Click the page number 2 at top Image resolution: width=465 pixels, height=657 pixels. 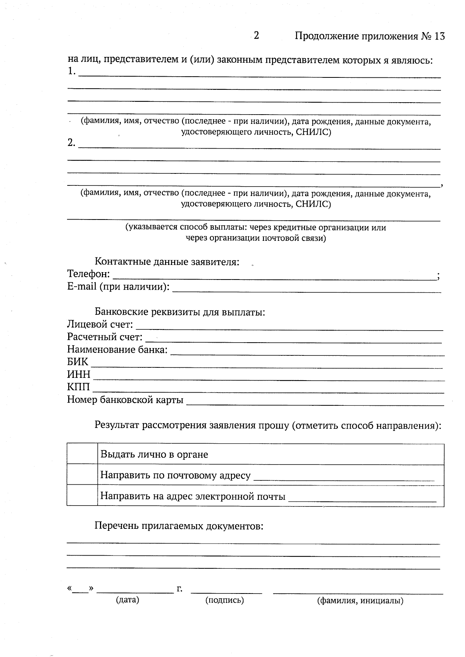(256, 36)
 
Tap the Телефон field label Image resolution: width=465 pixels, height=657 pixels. (88, 274)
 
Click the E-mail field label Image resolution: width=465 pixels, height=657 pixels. (118, 287)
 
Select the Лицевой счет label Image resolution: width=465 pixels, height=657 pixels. (100, 324)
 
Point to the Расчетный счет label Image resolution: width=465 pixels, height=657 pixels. (105, 337)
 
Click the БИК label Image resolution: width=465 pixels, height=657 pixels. (77, 362)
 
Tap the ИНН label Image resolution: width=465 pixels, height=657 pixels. (79, 375)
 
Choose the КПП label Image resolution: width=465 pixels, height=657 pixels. (78, 387)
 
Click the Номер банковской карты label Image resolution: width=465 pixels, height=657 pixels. (125, 400)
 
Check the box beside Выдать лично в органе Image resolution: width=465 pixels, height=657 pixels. (82, 454)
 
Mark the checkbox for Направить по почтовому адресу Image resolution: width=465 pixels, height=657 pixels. (82, 475)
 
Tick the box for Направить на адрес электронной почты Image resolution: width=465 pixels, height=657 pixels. (82, 496)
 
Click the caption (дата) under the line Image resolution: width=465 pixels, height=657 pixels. (127, 600)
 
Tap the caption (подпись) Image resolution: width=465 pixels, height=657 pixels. (224, 600)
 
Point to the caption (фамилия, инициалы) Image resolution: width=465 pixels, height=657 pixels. (360, 601)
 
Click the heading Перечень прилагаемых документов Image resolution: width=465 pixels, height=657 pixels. (179, 526)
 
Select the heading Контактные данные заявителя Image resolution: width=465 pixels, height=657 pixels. (167, 262)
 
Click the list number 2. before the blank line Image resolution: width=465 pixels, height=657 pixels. (71, 143)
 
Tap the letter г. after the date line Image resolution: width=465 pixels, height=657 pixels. (179, 589)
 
